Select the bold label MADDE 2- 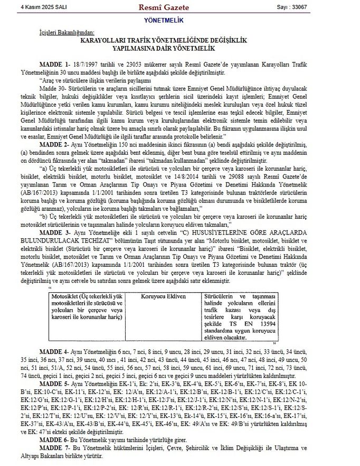point(55,143)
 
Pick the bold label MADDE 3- point(55,232)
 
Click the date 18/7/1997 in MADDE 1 point(87,63)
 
